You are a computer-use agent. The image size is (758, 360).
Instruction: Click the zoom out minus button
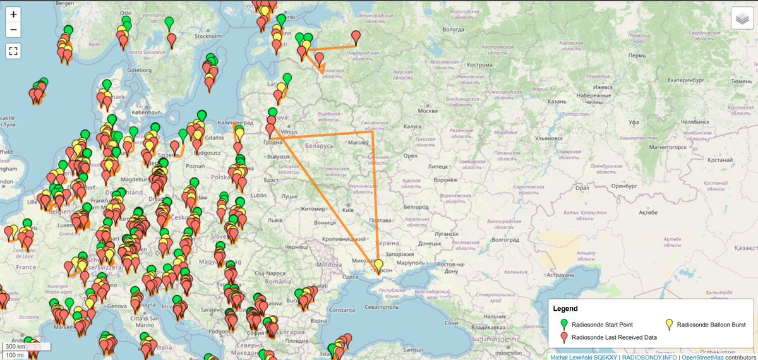[x=14, y=30]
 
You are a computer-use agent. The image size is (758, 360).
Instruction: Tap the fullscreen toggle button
[x=14, y=51]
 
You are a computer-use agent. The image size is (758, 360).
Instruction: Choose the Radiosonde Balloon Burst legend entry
[x=711, y=325]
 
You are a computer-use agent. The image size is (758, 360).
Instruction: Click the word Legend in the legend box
[x=565, y=309]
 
